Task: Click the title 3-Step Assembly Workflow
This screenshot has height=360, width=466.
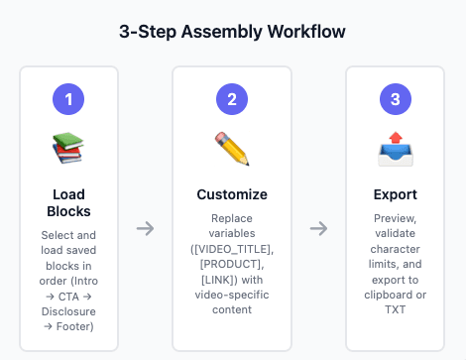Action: point(232,32)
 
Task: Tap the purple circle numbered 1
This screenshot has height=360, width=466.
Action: point(68,99)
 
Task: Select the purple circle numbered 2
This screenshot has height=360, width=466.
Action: point(232,99)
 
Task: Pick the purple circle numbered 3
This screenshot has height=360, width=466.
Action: point(396,99)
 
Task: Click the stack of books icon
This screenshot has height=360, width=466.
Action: point(68,149)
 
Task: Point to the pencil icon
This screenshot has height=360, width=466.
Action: point(232,149)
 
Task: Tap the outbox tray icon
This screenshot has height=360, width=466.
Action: point(396,149)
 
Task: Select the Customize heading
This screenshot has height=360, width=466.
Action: point(232,194)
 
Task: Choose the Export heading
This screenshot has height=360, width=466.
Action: point(396,194)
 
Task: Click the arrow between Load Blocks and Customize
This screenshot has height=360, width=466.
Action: point(145,228)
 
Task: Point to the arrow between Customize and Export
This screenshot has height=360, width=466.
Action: point(318,228)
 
